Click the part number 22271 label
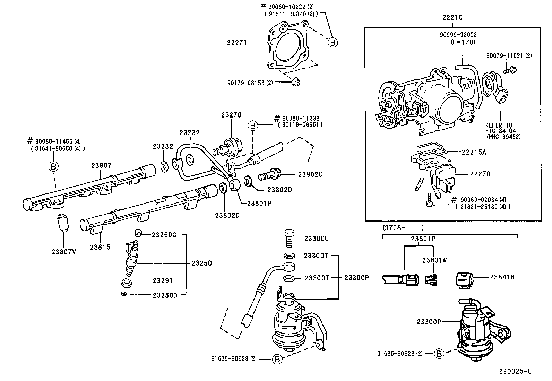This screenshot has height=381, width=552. click(237, 43)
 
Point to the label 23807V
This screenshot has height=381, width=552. click(63, 252)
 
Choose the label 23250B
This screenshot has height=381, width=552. click(165, 295)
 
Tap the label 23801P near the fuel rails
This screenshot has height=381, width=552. click(259, 204)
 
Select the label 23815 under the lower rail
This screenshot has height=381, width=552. click(100, 247)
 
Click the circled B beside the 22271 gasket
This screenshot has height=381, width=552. click(332, 43)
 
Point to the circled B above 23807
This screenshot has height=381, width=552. click(53, 166)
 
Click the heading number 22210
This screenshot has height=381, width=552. click(452, 18)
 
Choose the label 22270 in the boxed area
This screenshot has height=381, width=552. click(480, 174)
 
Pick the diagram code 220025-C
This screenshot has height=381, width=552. click(515, 371)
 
